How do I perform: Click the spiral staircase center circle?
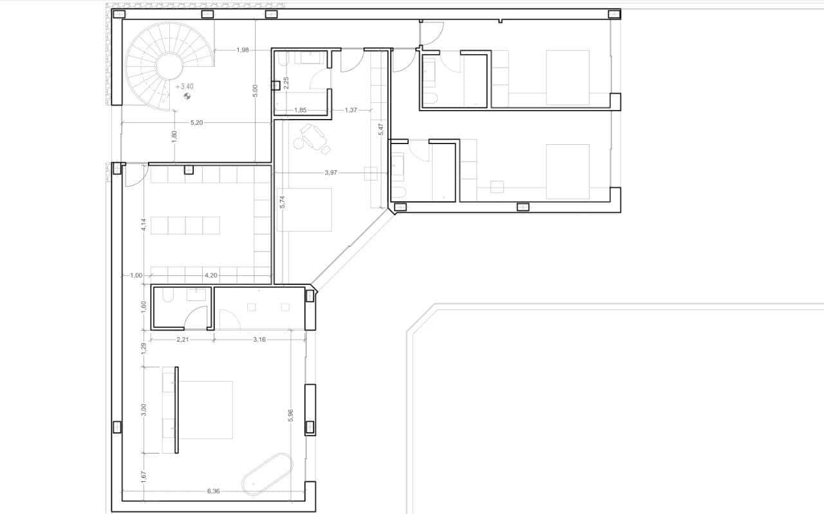click(170, 66)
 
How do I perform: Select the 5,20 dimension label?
click(197, 122)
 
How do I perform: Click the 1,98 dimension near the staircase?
click(242, 50)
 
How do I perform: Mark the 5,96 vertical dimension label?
click(291, 416)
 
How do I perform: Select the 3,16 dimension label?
click(259, 339)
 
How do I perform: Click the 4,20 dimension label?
click(210, 275)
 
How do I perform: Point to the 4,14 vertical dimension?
click(144, 226)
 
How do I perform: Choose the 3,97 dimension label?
click(331, 173)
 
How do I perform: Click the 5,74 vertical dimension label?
click(282, 201)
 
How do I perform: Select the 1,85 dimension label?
click(300, 110)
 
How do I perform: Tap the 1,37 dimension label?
click(351, 110)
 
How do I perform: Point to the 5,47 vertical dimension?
click(381, 129)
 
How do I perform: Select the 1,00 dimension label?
click(136, 275)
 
